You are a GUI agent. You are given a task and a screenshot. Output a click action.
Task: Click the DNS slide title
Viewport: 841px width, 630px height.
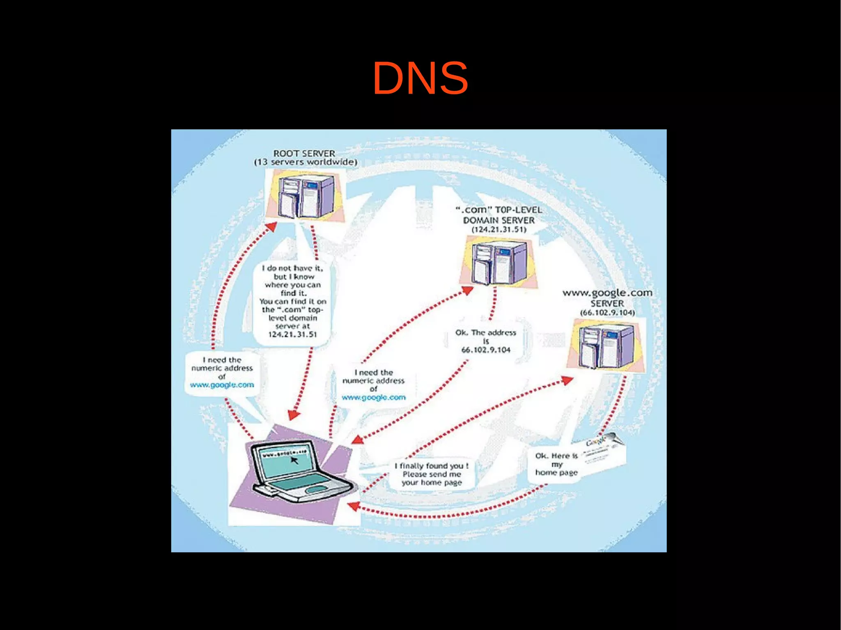(420, 78)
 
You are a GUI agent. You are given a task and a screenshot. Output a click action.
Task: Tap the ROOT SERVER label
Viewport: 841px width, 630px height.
(304, 153)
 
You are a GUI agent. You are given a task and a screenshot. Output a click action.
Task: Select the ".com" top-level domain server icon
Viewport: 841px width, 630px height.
(498, 263)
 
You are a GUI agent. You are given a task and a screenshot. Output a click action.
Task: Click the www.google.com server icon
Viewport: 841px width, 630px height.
(606, 345)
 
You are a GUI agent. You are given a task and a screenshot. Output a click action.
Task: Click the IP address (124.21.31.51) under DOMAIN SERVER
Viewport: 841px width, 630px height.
(499, 229)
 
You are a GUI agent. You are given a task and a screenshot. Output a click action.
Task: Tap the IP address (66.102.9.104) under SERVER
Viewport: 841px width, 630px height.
(607, 313)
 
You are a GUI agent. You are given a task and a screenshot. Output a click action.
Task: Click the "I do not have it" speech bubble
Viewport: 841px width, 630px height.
(293, 301)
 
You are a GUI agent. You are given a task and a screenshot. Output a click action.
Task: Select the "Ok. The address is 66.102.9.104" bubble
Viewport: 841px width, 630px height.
(485, 341)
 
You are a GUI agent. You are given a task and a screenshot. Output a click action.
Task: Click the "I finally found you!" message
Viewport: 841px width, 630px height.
(432, 474)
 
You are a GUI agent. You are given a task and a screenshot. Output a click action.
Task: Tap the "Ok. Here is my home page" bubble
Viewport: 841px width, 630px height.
(556, 464)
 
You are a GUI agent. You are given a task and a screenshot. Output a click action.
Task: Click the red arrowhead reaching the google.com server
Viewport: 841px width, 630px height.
(567, 380)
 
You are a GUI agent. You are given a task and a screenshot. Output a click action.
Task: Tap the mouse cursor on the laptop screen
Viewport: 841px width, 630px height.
(294, 460)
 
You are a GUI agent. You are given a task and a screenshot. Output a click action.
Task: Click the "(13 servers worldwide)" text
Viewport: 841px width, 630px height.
(306, 162)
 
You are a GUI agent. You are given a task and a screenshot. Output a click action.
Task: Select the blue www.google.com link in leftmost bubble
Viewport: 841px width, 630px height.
(222, 385)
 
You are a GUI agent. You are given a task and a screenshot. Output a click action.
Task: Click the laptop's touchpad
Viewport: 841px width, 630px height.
(315, 490)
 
